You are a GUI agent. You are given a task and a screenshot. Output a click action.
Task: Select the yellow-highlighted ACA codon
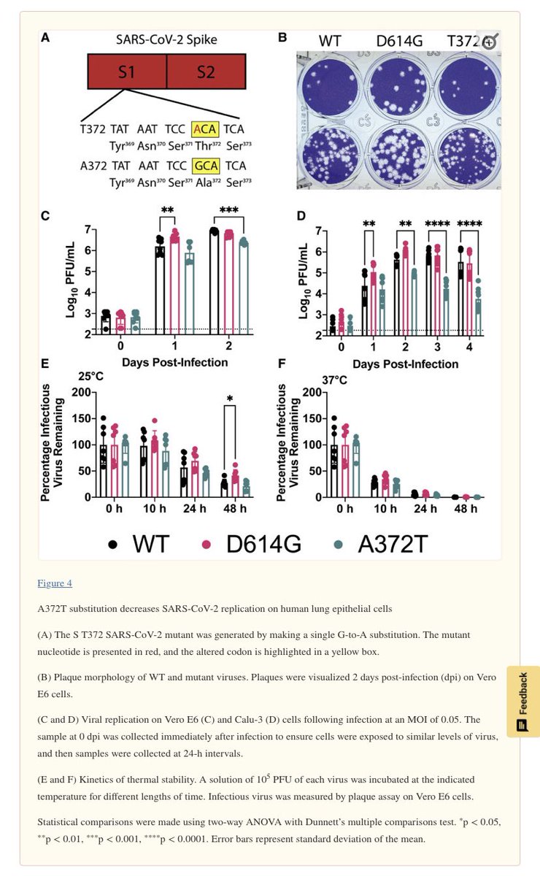click(204, 129)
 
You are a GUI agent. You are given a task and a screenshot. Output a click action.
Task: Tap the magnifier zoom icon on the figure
click(488, 42)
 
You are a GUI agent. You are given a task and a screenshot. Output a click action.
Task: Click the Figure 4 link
click(54, 583)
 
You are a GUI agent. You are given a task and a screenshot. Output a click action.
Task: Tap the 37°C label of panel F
click(332, 380)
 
